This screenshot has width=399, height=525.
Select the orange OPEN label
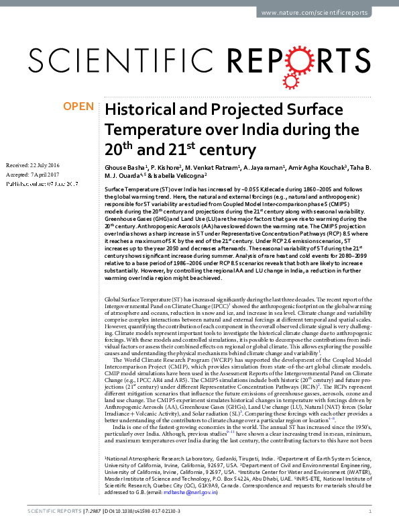click(78, 107)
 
